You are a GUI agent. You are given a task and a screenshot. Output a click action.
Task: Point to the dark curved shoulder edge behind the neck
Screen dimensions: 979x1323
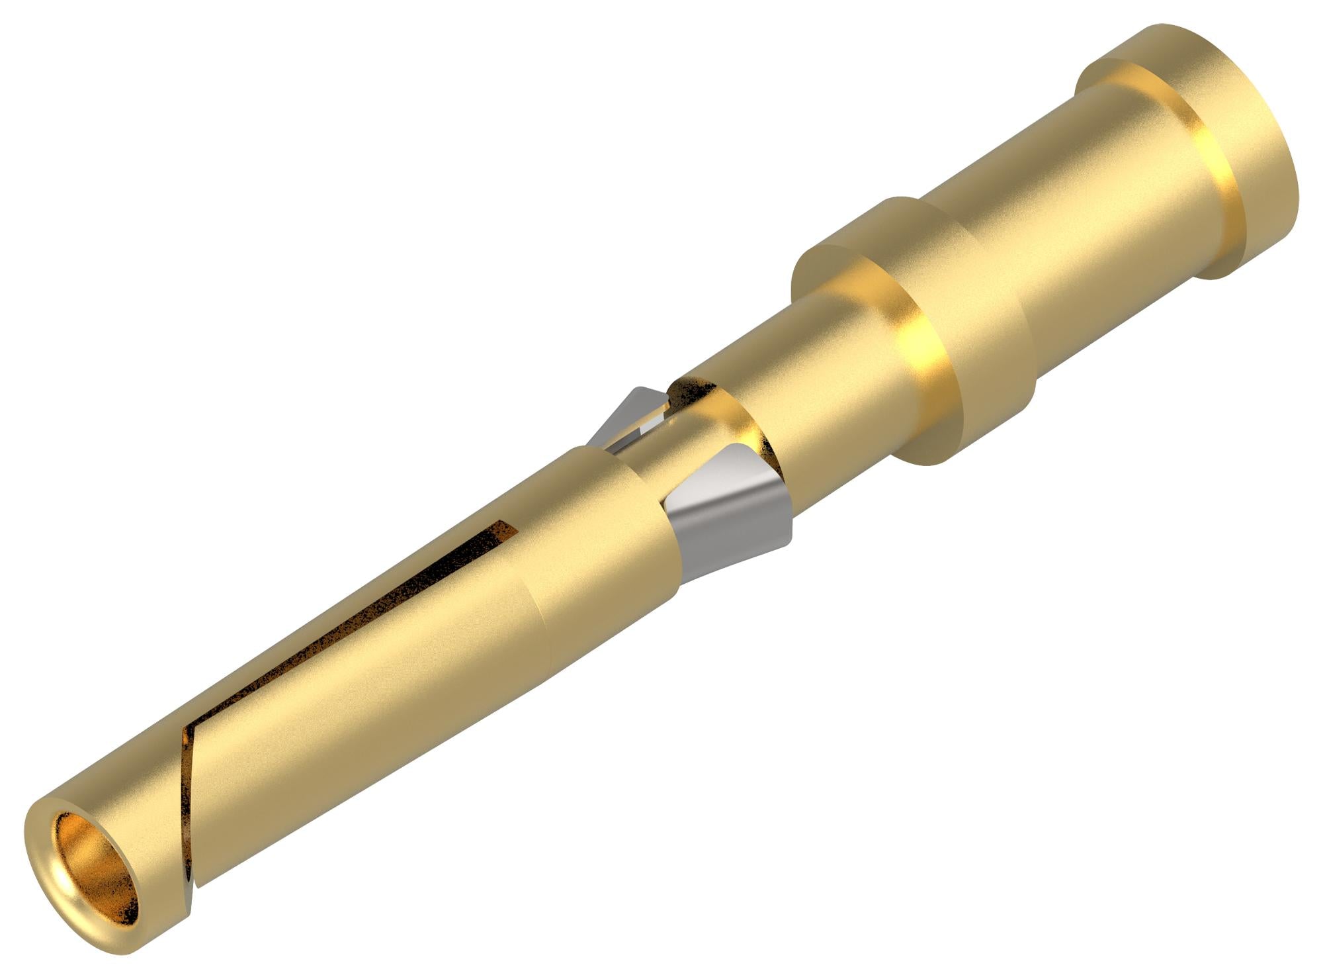click(x=761, y=430)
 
